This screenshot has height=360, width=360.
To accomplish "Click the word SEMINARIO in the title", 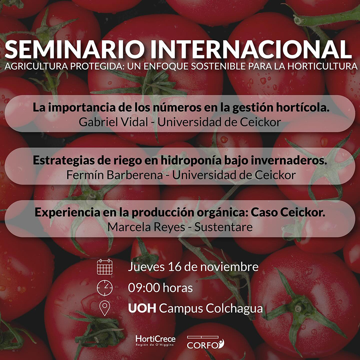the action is click(x=75, y=49).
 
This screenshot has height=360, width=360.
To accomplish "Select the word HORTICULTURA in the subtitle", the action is click(x=322, y=66).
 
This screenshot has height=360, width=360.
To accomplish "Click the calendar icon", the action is click(x=105, y=267).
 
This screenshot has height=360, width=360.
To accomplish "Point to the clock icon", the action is click(x=105, y=288).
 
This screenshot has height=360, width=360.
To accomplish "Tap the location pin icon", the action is click(x=105, y=308).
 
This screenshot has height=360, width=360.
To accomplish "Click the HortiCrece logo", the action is click(x=156, y=340).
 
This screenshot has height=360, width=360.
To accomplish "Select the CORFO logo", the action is click(x=206, y=342).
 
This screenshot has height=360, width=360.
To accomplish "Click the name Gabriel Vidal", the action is click(x=113, y=122).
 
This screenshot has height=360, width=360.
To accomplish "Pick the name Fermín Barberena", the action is click(x=114, y=175).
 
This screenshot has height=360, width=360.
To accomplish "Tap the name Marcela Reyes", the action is click(x=146, y=227).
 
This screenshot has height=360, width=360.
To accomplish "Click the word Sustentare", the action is click(x=223, y=227).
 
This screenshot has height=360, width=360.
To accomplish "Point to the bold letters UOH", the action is click(x=142, y=308).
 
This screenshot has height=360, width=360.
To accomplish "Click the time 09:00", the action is click(x=144, y=288).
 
